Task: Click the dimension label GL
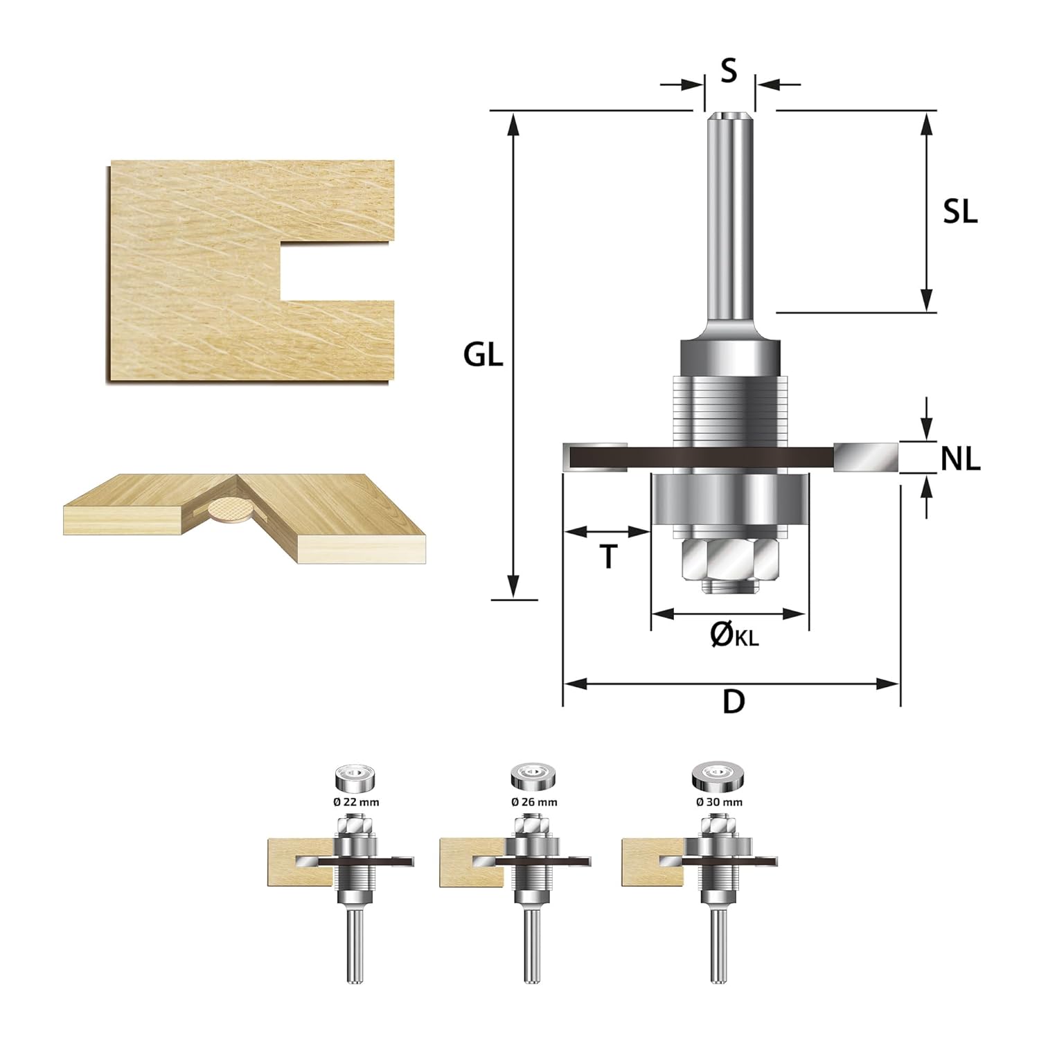coord(483,355)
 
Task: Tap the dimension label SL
coord(960,212)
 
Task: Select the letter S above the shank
coord(729,71)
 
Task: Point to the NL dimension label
coord(961,459)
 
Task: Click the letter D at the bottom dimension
coord(734,702)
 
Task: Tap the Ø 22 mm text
coord(356,802)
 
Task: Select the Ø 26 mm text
coord(534,802)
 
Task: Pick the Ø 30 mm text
coord(719,802)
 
